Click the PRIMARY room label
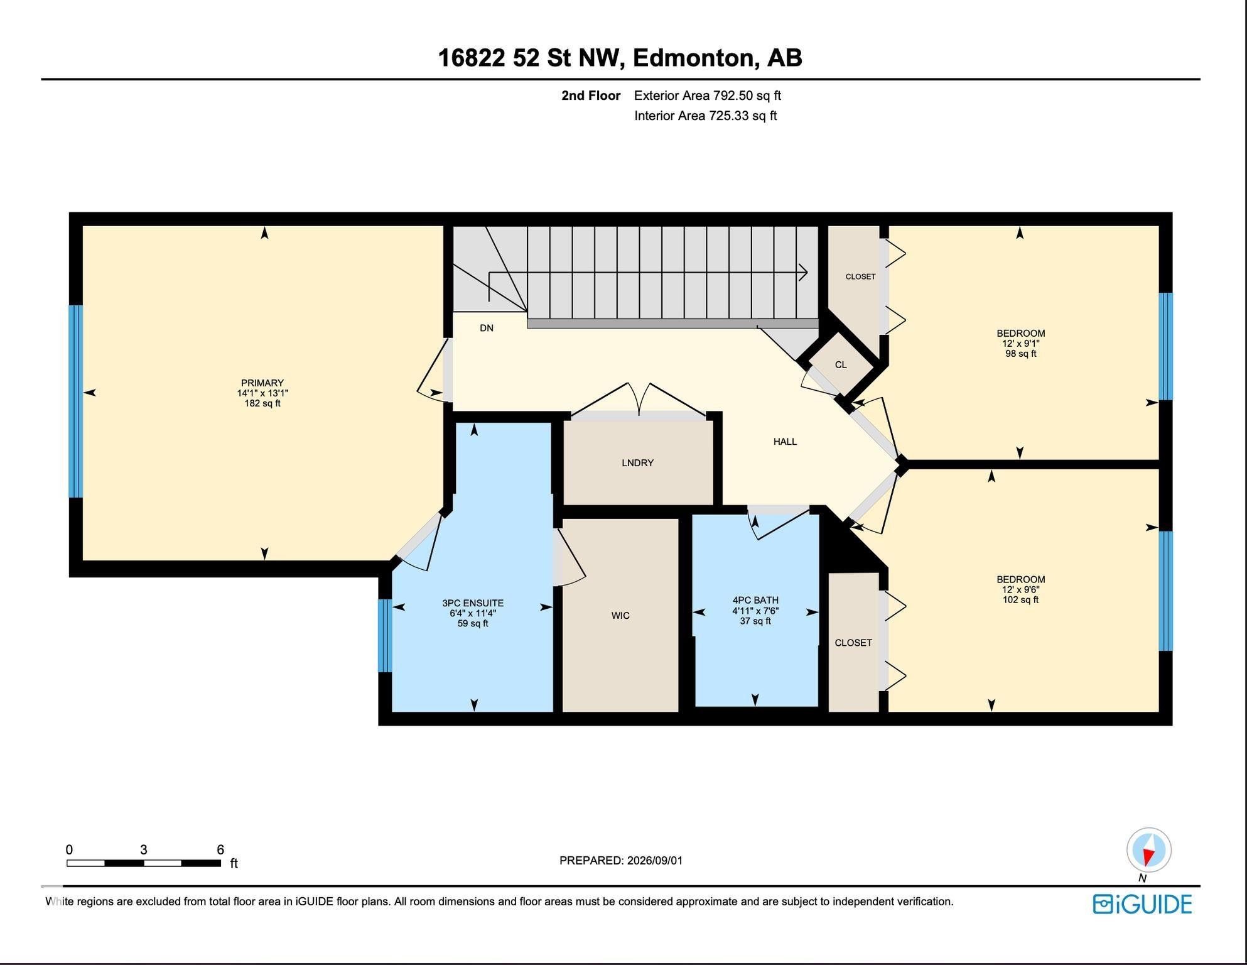click(x=262, y=383)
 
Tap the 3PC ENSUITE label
click(x=473, y=603)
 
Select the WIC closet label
click(x=620, y=616)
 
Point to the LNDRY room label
click(x=638, y=463)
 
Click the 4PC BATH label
click(x=755, y=600)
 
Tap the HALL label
click(x=785, y=442)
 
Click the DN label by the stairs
click(x=487, y=328)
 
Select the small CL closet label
click(x=841, y=365)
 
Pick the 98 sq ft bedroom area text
click(x=1020, y=354)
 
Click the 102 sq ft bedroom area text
click(x=1020, y=600)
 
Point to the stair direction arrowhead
click(x=803, y=273)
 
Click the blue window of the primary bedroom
click(x=75, y=401)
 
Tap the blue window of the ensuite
click(x=385, y=635)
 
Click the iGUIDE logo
click(x=1142, y=904)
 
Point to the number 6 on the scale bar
click(x=220, y=850)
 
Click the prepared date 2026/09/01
click(x=655, y=861)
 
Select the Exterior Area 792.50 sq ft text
click(x=708, y=95)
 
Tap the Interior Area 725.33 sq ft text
click(x=706, y=116)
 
